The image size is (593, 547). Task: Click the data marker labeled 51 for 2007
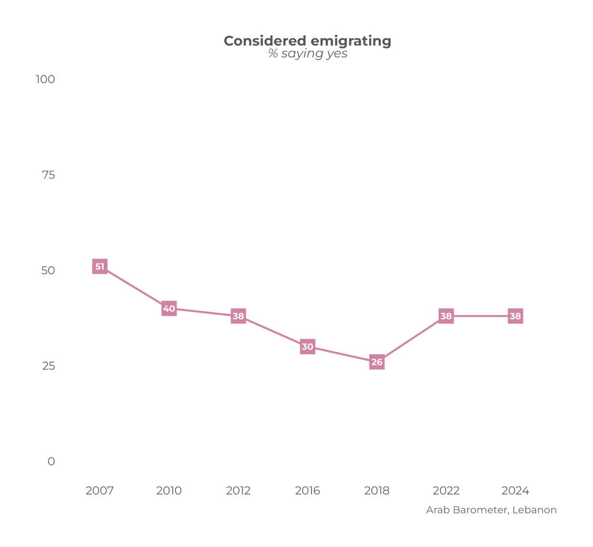click(x=100, y=267)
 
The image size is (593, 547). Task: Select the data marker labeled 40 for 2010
click(x=169, y=308)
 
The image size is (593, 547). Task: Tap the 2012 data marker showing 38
click(x=238, y=316)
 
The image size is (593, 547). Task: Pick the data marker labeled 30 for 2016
click(x=308, y=347)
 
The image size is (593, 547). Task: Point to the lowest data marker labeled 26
click(x=377, y=362)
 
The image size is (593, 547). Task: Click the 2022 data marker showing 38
click(x=446, y=316)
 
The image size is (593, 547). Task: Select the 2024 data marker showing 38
click(x=515, y=316)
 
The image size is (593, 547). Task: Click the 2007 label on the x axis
click(x=100, y=491)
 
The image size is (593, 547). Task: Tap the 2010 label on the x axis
click(x=169, y=491)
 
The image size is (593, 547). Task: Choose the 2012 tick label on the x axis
click(x=238, y=491)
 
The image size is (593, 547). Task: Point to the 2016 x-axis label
click(x=308, y=491)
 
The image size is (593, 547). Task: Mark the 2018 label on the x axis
click(x=377, y=491)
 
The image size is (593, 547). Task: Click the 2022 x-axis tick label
click(x=446, y=491)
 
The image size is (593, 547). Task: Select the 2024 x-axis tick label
click(x=515, y=491)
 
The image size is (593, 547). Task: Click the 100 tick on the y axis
click(x=45, y=79)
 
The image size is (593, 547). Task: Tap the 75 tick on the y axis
click(x=48, y=175)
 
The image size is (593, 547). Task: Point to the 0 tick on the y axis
click(x=51, y=461)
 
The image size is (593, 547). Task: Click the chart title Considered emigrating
click(x=308, y=41)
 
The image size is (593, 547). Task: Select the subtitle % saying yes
click(x=308, y=53)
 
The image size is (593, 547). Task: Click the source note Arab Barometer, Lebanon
click(x=491, y=510)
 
